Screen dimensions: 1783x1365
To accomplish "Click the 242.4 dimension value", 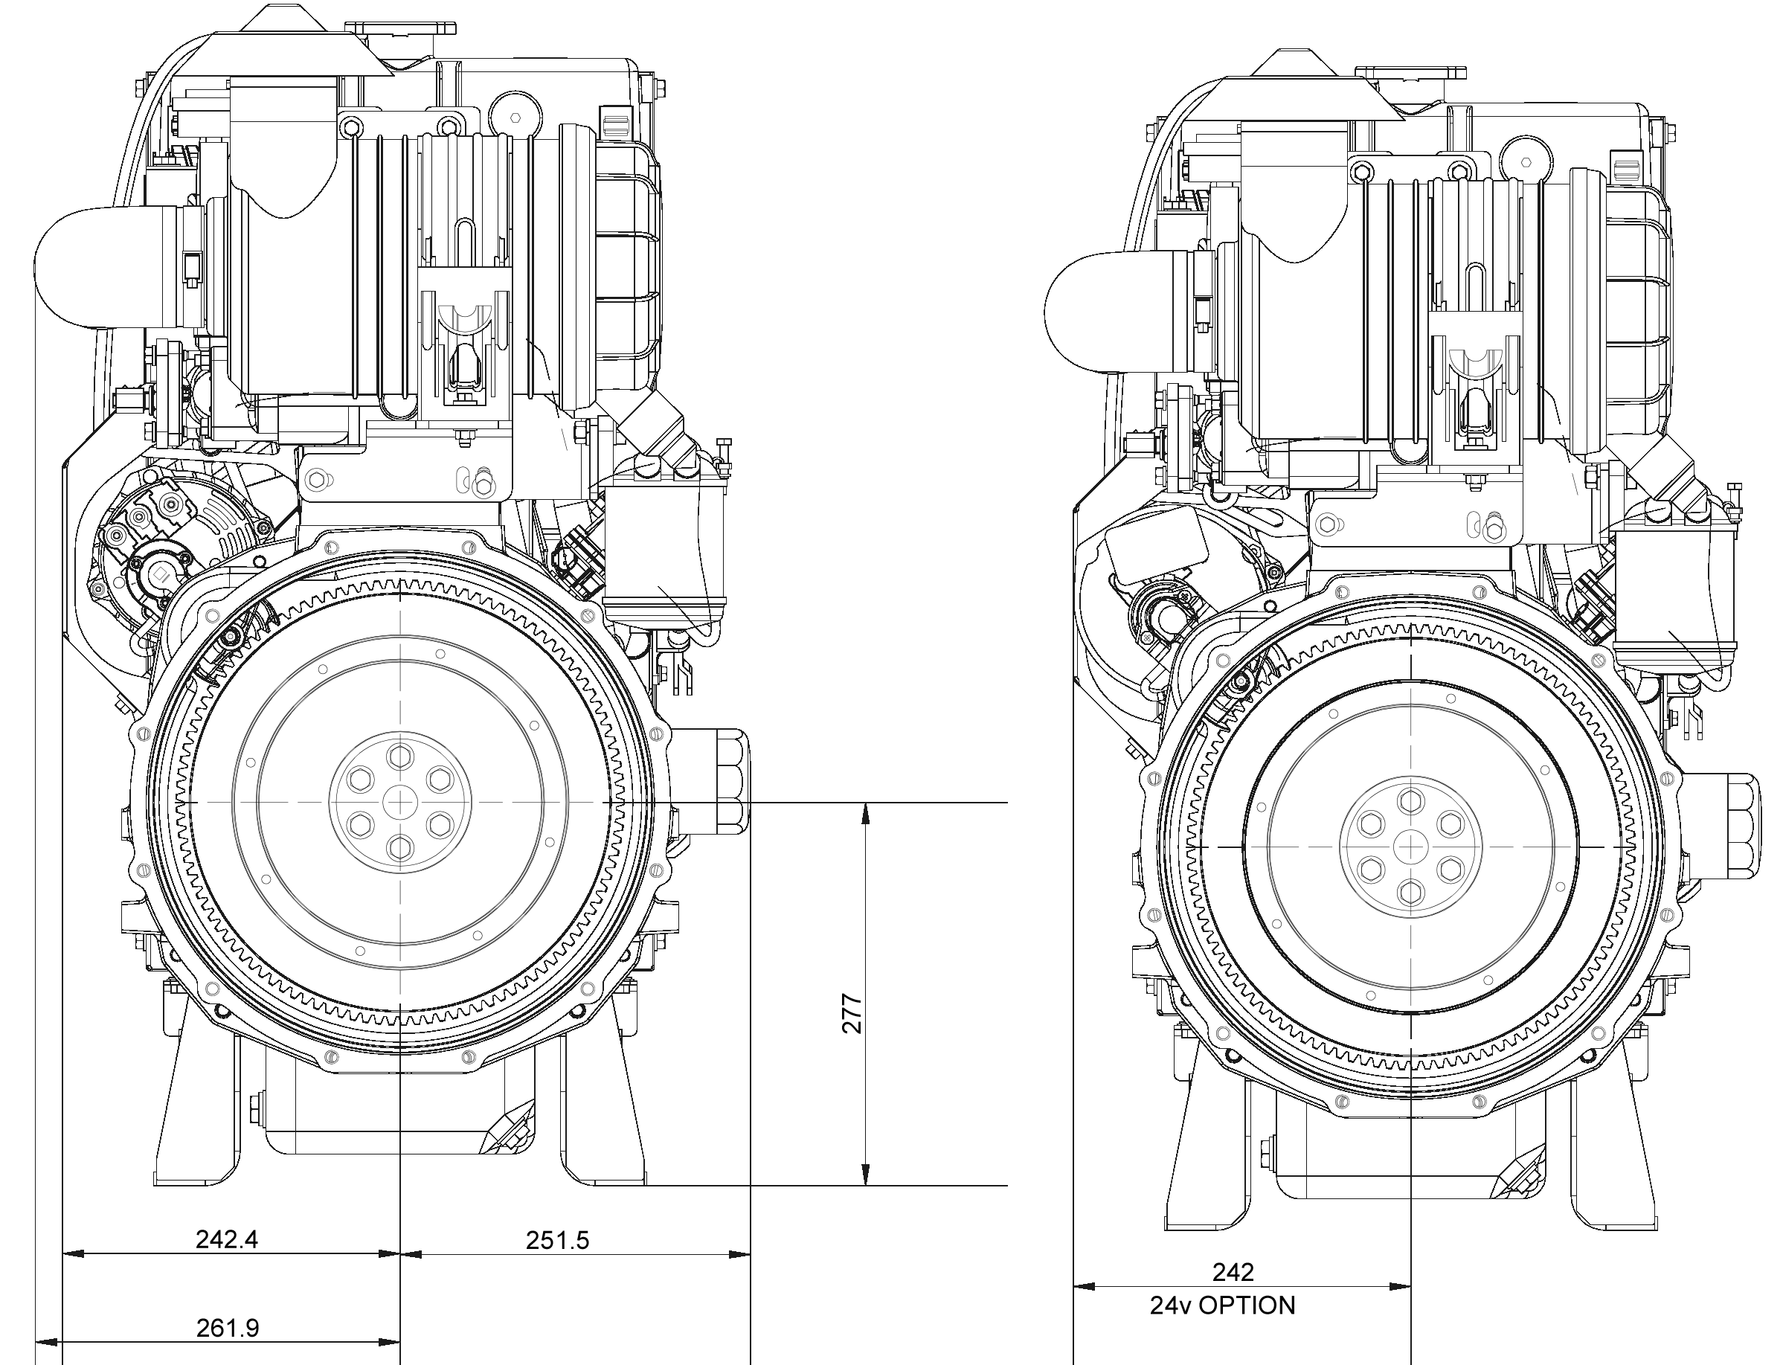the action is coord(227,1239).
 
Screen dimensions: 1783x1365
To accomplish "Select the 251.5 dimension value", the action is coord(557,1240).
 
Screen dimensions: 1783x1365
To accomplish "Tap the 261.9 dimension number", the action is coord(228,1328).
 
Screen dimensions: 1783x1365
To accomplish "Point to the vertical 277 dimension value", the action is coord(851,1013).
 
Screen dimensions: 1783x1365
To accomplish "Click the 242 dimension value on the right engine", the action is coord(1233,1271).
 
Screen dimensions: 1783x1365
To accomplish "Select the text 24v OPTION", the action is coord(1223,1305).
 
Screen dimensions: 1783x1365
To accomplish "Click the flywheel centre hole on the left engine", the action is coord(400,802).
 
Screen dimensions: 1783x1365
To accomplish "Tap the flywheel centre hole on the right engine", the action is coord(1411,847).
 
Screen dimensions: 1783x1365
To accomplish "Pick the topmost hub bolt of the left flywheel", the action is coord(400,757).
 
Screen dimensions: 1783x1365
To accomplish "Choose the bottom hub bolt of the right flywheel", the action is coord(1411,892).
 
